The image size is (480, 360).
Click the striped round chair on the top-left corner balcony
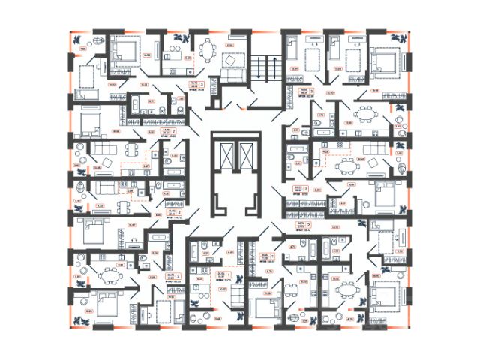(x=97, y=42)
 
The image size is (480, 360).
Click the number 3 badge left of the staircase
(x=202, y=85)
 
